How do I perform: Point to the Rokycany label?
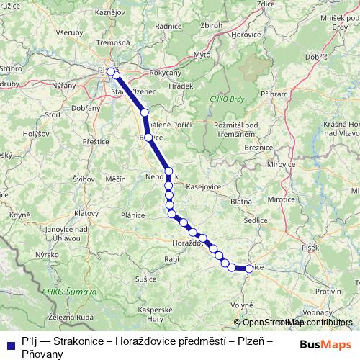point(165,73)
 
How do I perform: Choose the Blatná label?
point(240,202)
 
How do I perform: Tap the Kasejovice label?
point(203,186)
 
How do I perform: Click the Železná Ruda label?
point(71,316)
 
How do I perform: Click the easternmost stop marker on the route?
point(249,269)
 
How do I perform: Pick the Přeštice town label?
point(95,142)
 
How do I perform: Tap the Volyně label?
point(242,305)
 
